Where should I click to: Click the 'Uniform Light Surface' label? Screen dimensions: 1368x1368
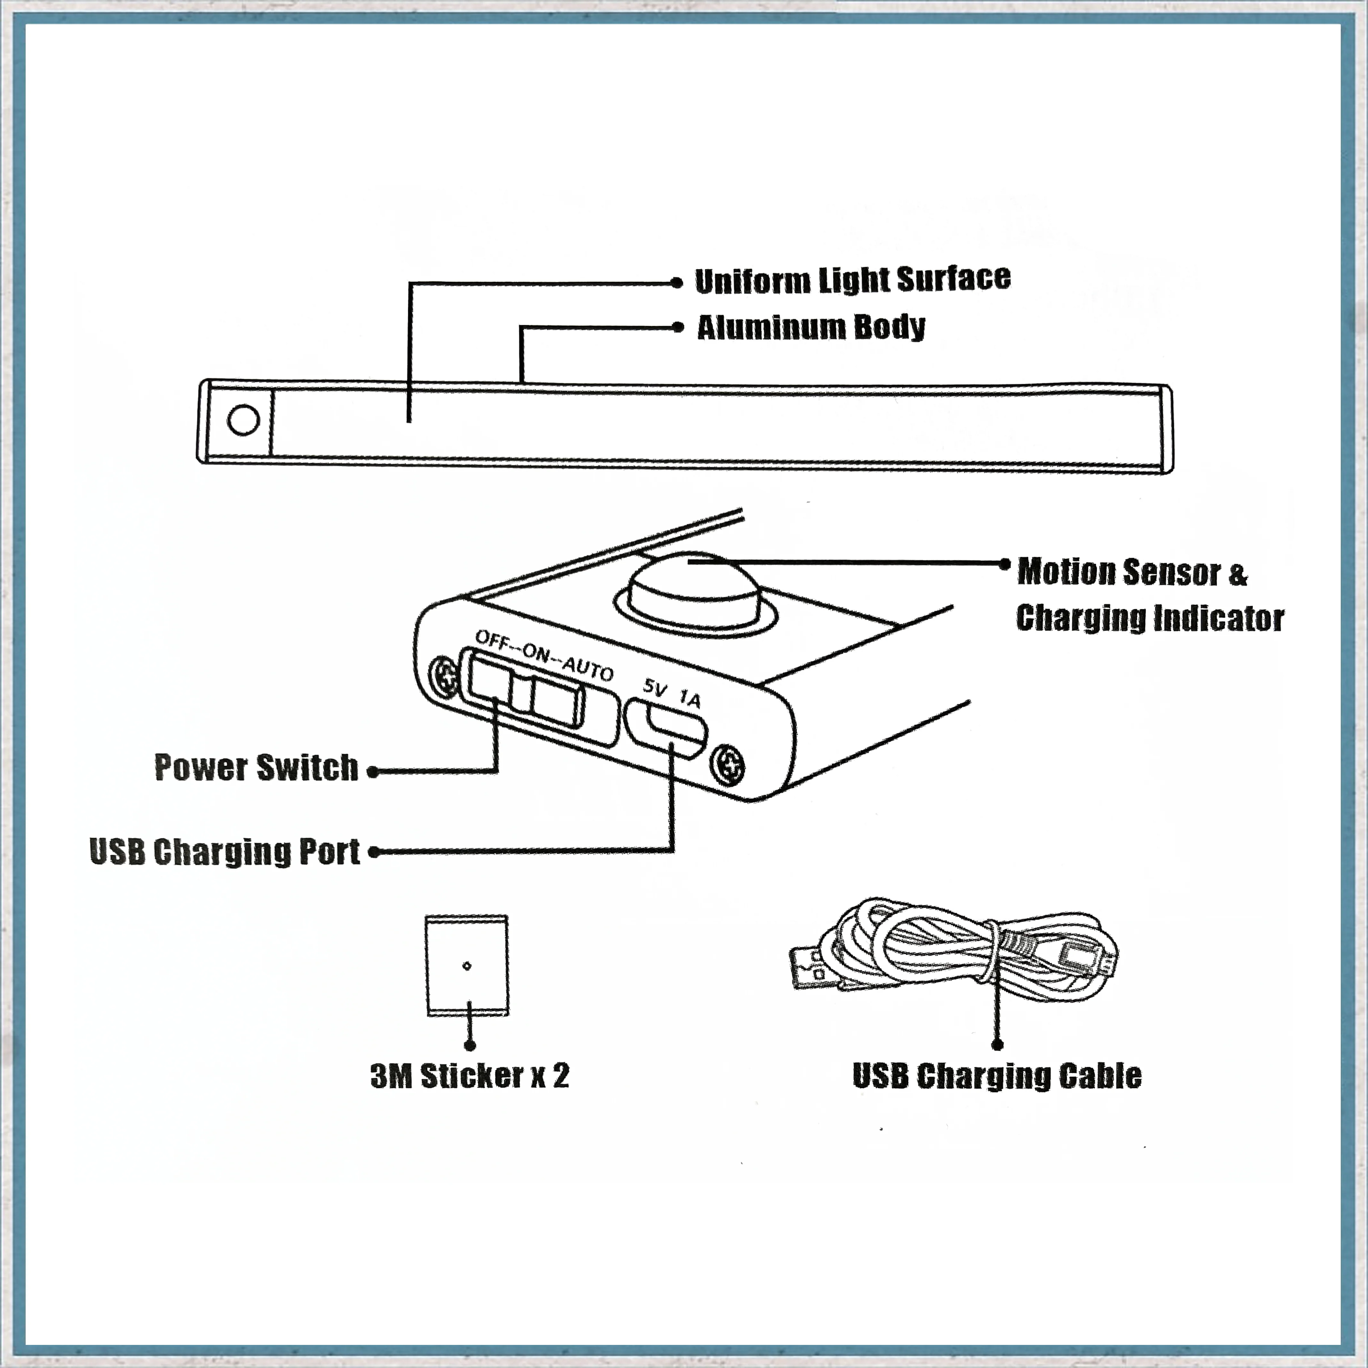coord(853,280)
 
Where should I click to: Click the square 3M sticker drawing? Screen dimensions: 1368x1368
coord(467,966)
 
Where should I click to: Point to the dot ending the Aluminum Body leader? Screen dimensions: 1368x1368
coord(678,327)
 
